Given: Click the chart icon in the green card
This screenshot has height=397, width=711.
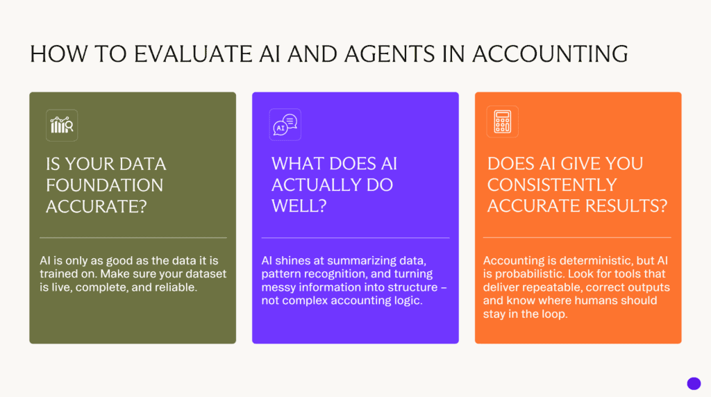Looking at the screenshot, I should coord(62,126).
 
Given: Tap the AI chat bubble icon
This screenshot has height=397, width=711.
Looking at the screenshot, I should coord(285,125).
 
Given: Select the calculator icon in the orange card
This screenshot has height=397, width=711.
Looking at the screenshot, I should coord(502,121).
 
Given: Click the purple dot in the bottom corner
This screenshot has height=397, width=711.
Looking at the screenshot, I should coord(693,383).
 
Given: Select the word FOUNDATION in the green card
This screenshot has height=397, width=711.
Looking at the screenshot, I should coord(105,185).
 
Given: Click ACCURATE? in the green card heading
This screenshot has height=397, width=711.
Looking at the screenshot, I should coord(95,206).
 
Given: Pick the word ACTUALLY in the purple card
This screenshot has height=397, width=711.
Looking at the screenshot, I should coord(332,185).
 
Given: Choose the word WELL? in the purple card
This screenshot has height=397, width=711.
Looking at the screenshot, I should coord(298,205).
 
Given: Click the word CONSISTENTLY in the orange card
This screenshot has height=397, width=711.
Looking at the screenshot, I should coord(552,185).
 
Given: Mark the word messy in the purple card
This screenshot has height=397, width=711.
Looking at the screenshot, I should coord(279,287).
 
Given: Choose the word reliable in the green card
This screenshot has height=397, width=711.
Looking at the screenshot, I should coord(179,287).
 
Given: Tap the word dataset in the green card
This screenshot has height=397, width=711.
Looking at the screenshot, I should coord(207,273).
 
